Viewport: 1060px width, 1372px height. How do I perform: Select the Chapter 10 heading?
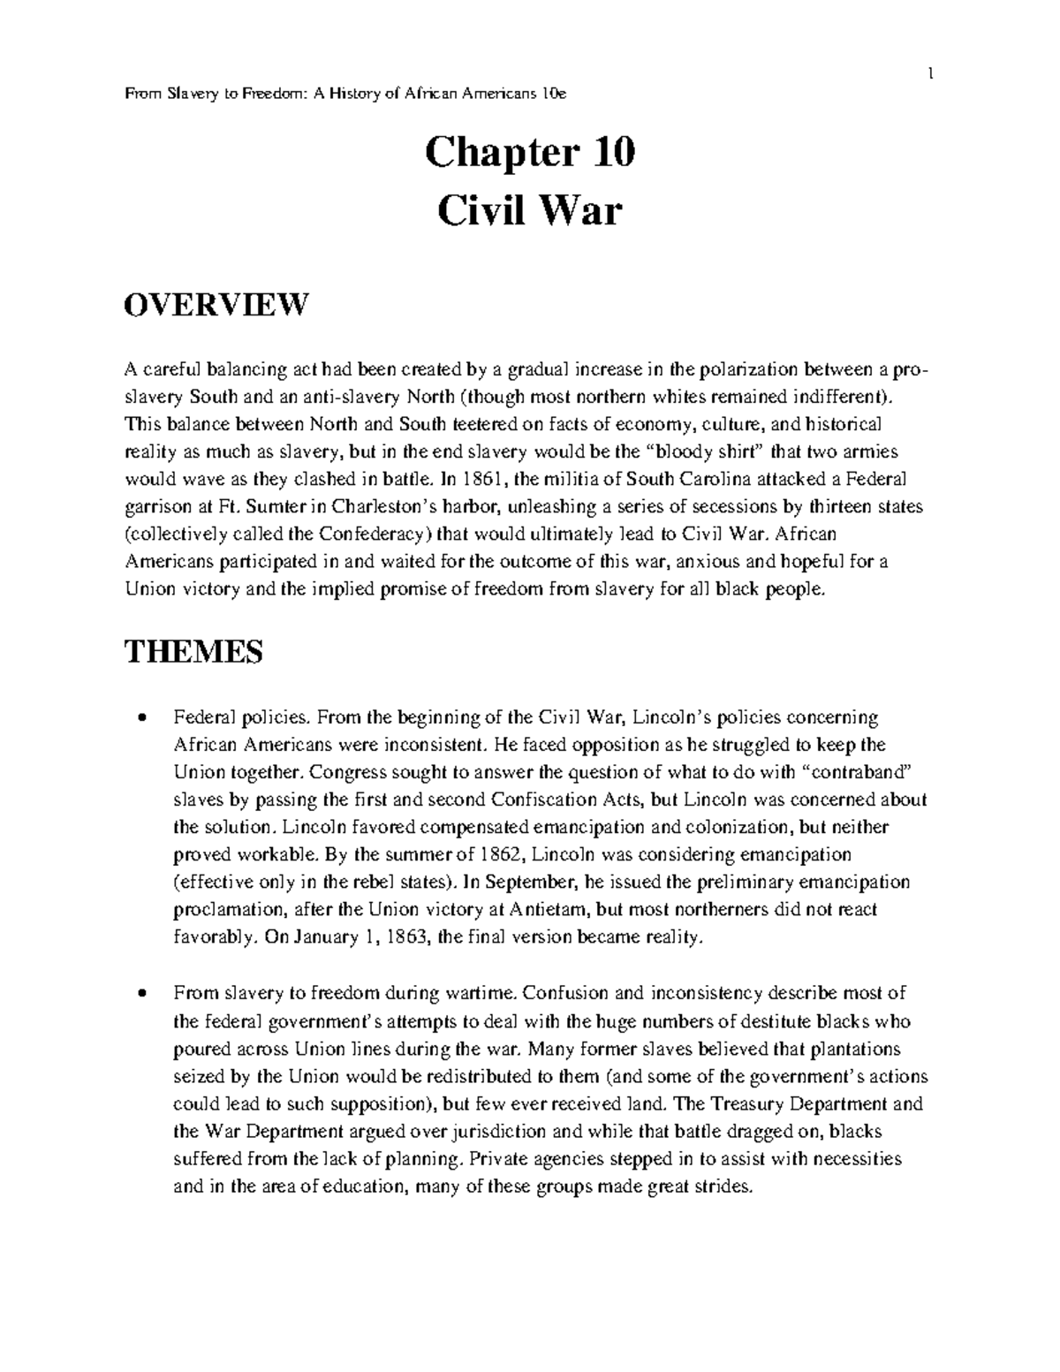click(x=529, y=154)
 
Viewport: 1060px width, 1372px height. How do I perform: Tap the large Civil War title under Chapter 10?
click(x=529, y=211)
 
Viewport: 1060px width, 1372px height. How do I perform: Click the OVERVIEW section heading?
click(x=216, y=305)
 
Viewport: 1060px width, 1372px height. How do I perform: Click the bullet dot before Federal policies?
click(x=141, y=717)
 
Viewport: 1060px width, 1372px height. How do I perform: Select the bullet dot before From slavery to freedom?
click(x=141, y=994)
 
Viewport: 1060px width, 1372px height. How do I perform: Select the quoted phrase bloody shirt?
click(x=706, y=452)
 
